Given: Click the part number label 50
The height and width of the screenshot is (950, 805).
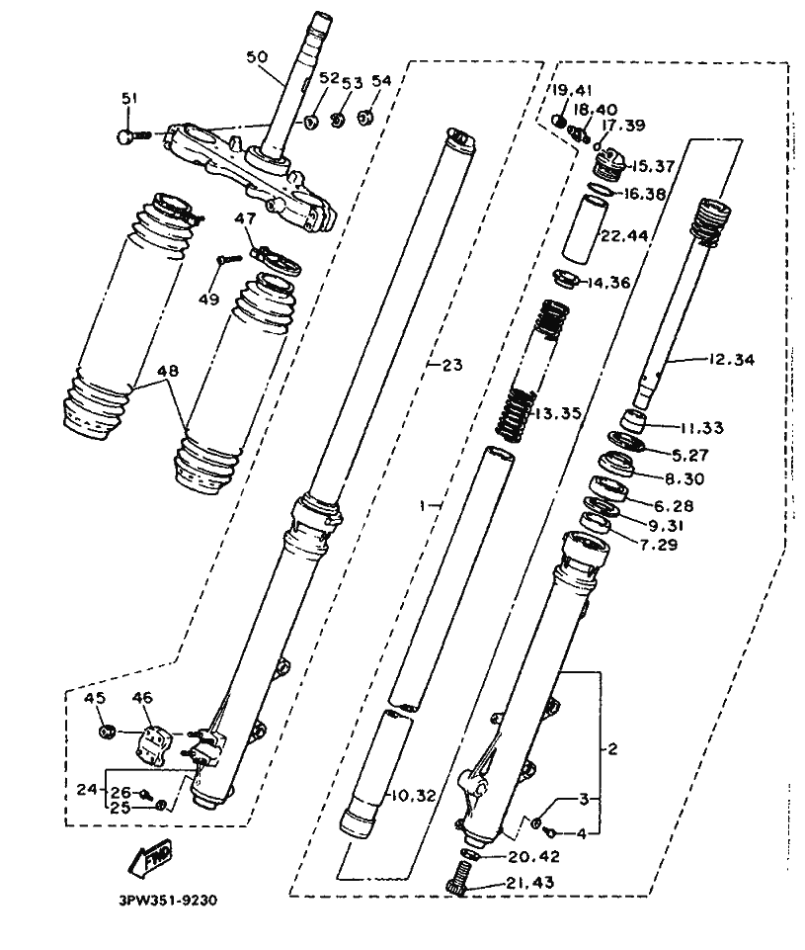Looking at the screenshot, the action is [x=257, y=57].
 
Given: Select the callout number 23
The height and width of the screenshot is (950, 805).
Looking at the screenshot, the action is [x=452, y=365].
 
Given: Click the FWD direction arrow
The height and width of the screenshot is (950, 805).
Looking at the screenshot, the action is [x=150, y=857].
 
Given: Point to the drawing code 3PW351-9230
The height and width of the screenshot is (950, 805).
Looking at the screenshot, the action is [x=168, y=901].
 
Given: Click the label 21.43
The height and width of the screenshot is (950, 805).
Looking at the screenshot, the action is [x=530, y=882].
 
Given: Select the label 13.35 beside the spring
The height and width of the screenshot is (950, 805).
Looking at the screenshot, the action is [x=557, y=414].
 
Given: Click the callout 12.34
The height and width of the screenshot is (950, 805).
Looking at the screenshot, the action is [x=732, y=359].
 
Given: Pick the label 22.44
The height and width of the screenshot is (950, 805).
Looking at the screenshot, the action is [x=623, y=235].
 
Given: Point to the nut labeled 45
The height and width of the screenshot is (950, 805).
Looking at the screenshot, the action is [x=107, y=732].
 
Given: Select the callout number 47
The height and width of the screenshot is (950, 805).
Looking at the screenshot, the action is [x=246, y=218].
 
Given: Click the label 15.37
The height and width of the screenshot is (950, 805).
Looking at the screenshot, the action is [x=654, y=166].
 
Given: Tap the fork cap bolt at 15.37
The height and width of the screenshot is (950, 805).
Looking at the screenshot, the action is [x=610, y=164].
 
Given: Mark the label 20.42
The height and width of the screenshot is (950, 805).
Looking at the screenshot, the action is [x=534, y=857].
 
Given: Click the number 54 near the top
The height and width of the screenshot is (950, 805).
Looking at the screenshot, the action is [x=382, y=81].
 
